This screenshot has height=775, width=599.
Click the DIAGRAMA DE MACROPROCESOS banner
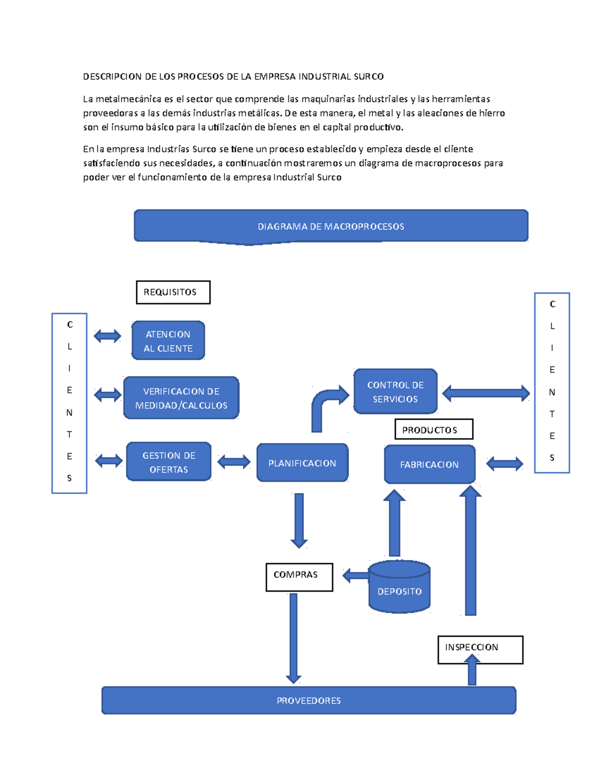330,226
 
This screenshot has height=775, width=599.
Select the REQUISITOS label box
173,292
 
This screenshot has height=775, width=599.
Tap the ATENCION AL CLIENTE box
168,341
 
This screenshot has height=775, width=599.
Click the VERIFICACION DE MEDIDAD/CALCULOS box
181,398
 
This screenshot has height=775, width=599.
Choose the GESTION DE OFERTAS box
169,462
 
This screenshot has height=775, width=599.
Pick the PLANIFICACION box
302,463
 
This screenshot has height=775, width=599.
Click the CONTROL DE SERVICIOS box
395,392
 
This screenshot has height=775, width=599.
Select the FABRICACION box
429,465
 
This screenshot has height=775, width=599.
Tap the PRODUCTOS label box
433,430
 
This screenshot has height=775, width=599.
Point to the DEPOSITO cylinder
399,587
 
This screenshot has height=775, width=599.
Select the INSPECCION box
480,649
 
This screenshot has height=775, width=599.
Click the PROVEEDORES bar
308,701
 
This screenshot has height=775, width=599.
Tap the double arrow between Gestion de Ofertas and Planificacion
234,462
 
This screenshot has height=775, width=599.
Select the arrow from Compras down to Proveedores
294,636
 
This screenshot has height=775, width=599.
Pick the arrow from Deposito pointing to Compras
355,575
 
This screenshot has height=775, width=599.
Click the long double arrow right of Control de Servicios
486,393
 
